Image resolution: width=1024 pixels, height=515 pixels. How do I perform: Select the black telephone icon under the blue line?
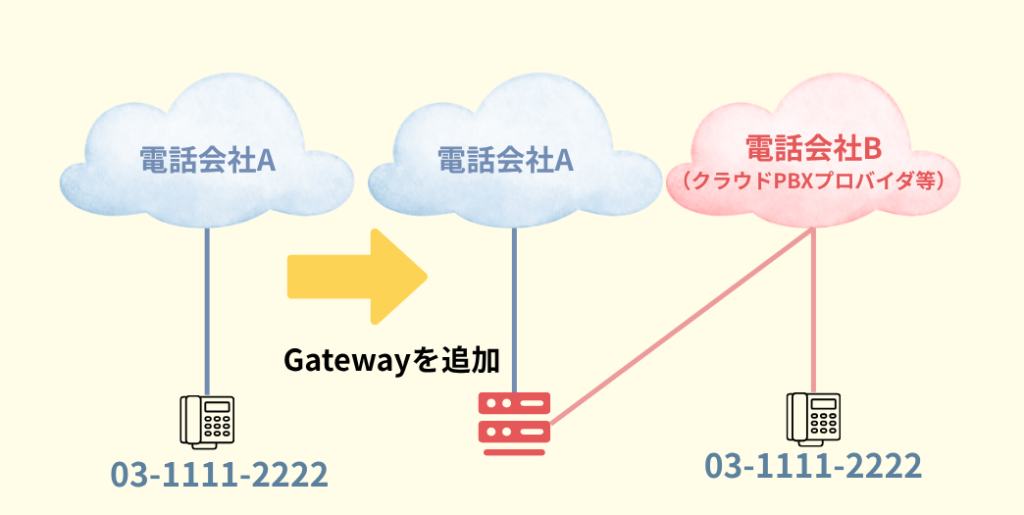point(207,421)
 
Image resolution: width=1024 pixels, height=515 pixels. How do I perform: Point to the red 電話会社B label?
point(813,149)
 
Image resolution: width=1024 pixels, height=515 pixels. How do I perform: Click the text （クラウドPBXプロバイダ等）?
point(813,181)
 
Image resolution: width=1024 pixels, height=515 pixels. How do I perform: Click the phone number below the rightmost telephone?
point(814,465)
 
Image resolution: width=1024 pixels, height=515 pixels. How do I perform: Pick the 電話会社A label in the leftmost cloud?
point(206,158)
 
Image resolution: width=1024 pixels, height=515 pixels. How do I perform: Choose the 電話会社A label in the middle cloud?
point(504,158)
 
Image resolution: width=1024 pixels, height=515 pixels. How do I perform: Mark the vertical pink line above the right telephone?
point(814,314)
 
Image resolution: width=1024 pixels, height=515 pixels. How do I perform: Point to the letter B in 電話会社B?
point(871,149)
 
